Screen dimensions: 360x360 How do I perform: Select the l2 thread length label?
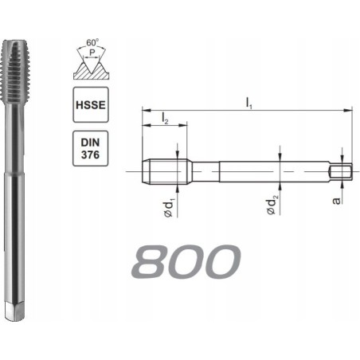[164, 119]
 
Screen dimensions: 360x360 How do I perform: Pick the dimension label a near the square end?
[338, 198]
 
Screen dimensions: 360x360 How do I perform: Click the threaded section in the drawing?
[164, 171]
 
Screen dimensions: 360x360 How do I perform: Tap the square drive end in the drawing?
[341, 171]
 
